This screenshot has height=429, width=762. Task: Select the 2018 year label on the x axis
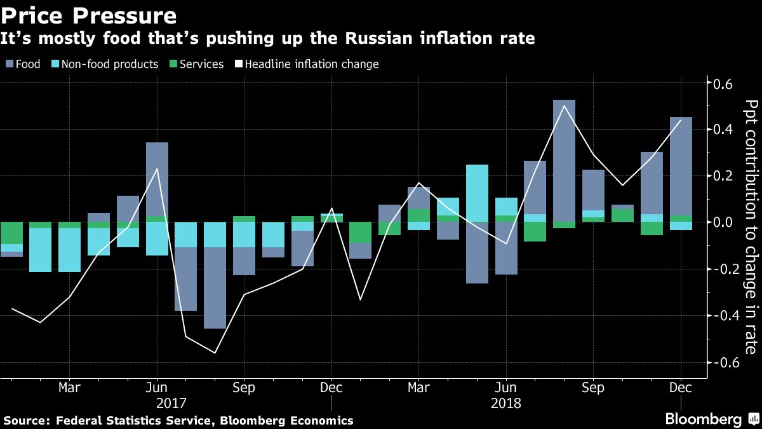pos(506,403)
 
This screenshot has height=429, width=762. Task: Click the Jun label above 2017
pos(157,387)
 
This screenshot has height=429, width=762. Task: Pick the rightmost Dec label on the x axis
pos(681,387)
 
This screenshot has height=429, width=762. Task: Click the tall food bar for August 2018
pos(564,159)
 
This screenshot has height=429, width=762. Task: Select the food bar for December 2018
pos(681,165)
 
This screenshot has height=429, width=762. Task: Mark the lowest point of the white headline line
pos(215,353)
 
